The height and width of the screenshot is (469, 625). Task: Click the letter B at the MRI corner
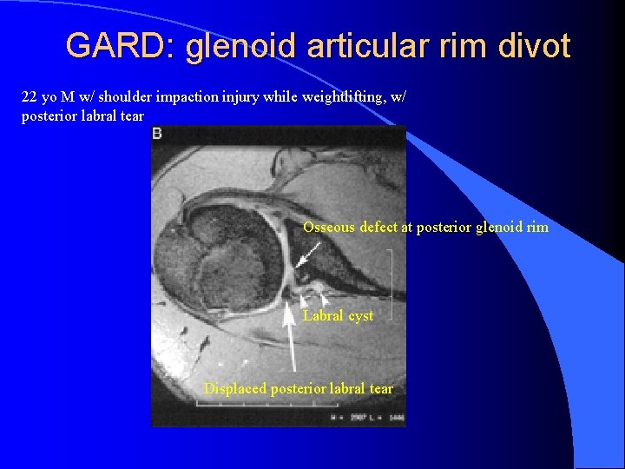157,133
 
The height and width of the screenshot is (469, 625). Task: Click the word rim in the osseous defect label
537,228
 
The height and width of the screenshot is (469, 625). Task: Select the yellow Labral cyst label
338,316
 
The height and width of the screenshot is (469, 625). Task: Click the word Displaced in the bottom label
235,389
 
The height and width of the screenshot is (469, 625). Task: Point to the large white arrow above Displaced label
293,340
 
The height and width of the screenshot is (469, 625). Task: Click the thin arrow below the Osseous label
307,254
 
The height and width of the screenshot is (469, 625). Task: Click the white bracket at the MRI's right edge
391,283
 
